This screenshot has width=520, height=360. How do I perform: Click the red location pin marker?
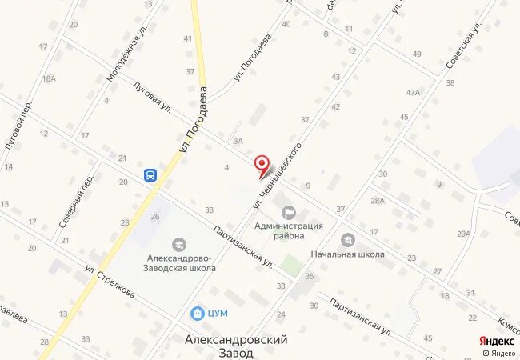262,165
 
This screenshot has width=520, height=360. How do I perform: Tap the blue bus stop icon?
150,175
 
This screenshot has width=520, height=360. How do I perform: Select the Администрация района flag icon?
289,212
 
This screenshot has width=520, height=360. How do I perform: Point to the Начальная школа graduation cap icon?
348,239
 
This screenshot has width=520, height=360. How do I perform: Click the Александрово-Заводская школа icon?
179,243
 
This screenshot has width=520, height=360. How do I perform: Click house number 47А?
413,92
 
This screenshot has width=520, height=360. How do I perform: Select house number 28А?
378,201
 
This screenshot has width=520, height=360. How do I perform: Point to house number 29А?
464,234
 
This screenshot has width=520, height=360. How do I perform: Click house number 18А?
49,78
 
